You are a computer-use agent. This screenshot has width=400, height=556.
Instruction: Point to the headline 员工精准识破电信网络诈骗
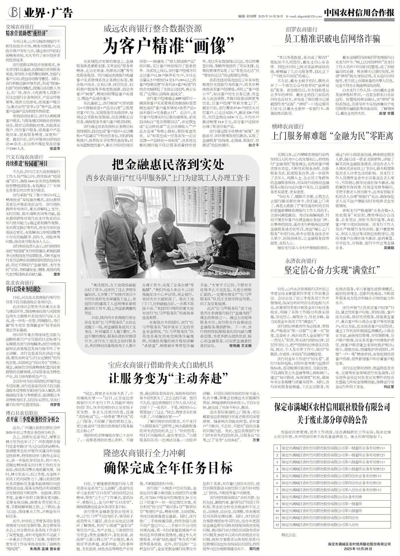click(332, 38)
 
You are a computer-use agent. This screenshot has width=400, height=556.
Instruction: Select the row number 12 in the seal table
click(276, 524)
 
